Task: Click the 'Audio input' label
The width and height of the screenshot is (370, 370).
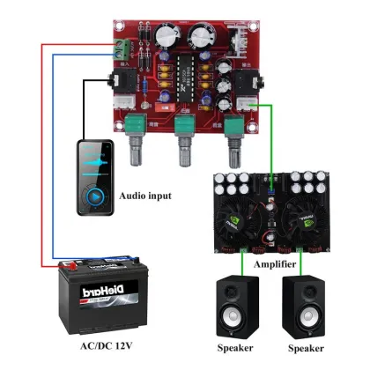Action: [x=145, y=195]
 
